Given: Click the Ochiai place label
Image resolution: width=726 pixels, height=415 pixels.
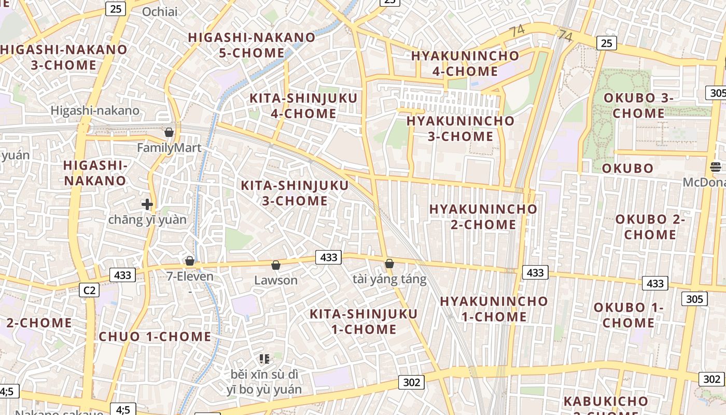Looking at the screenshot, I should [x=159, y=12].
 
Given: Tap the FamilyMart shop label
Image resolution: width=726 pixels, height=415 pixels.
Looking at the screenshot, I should [x=169, y=148].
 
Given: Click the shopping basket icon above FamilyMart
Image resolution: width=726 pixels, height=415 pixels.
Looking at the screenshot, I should [x=169, y=132].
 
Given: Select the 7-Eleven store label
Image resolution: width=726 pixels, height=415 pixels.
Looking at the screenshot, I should [x=190, y=276].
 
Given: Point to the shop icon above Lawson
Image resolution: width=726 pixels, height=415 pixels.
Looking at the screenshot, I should [x=276, y=265].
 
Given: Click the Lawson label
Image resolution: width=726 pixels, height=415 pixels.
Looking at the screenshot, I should [x=276, y=280].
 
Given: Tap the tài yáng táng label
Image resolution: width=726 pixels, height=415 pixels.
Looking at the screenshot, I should [x=389, y=279].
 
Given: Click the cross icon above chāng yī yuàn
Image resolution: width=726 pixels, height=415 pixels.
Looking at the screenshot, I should [x=147, y=204].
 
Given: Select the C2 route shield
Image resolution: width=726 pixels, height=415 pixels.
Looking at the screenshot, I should [x=89, y=290].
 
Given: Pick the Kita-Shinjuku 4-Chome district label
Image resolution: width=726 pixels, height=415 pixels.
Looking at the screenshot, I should [x=303, y=106].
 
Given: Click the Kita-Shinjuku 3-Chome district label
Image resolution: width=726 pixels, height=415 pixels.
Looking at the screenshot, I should [x=295, y=193].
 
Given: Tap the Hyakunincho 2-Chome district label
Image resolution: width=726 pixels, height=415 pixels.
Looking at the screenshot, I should [x=483, y=217].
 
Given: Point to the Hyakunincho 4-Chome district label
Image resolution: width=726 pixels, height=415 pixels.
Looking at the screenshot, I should [x=465, y=63].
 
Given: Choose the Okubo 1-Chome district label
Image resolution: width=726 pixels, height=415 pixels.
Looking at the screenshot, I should [x=629, y=315].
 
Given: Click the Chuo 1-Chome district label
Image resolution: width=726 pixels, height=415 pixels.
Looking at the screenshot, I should [x=155, y=336].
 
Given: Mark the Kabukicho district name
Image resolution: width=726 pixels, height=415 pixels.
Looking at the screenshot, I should [x=606, y=401].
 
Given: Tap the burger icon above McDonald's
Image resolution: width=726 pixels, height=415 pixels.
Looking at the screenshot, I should [x=716, y=167].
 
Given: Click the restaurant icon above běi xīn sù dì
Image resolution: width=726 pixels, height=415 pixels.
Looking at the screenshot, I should [x=264, y=358].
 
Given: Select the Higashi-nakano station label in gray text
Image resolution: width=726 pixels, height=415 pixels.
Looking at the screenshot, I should [x=95, y=110].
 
